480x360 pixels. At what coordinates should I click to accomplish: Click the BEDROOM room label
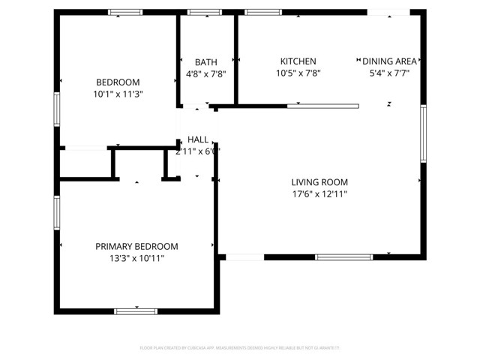point(118,82)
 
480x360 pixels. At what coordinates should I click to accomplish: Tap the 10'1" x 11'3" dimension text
point(118,94)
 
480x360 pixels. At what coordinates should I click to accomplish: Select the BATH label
point(205,62)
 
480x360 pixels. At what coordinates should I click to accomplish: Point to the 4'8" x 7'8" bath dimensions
point(205,74)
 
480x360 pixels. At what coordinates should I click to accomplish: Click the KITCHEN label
point(298,61)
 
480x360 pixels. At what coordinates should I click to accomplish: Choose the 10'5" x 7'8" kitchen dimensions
point(298,73)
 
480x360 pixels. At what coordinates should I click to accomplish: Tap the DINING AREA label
point(389,61)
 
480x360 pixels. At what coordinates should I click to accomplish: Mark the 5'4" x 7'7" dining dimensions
point(389,73)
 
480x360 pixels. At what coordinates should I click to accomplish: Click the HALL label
point(198,139)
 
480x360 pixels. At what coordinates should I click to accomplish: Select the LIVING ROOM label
point(319,182)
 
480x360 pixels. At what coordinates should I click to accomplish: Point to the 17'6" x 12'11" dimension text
point(319,194)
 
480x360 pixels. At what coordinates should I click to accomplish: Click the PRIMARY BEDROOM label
point(136,246)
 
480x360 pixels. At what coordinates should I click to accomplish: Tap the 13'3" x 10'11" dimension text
point(136,258)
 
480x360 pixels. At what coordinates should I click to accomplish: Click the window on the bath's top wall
point(199,12)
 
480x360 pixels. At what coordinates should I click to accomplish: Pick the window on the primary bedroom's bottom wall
point(136,310)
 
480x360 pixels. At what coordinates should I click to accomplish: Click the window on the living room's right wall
point(424,133)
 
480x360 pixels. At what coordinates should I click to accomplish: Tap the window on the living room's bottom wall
point(343,257)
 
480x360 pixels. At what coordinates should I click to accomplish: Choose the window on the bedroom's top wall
point(125,12)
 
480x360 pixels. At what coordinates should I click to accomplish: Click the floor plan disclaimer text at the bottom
point(240,348)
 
